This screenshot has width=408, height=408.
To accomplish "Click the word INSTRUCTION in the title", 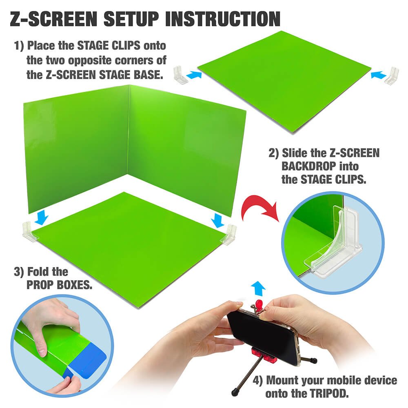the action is point(223,19).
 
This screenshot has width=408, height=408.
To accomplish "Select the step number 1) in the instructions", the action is point(19,46).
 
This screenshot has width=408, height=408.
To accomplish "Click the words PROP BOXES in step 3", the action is point(59,285).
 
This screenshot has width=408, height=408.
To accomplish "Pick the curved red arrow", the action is point(259,207).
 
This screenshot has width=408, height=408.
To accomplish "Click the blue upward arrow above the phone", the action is point(258,288).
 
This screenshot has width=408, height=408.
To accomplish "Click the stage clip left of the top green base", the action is point(180,75).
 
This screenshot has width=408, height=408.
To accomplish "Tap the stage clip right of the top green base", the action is point(392,75).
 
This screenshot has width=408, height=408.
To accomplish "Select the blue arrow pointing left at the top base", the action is point(378,75).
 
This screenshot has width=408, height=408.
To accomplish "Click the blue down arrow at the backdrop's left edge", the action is point(41,217).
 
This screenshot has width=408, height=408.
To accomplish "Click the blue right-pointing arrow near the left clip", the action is point(194,75).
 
